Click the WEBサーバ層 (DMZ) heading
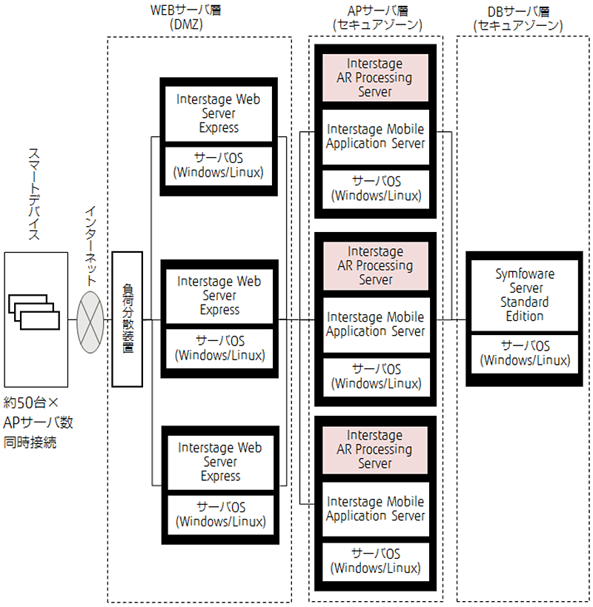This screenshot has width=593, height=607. (186, 17)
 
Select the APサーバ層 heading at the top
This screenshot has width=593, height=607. (377, 18)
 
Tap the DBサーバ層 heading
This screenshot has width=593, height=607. (518, 19)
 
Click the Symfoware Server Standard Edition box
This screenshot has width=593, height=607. (525, 295)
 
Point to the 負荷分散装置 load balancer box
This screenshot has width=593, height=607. (127, 319)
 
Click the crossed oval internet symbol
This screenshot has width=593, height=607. (90, 322)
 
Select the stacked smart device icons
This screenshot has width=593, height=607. (34, 312)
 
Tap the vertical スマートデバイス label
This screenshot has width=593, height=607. (34, 193)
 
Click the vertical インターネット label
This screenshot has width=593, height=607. (90, 246)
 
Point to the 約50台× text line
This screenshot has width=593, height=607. (31, 402)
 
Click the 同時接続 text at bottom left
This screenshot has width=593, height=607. (30, 442)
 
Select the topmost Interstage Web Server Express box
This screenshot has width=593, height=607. (219, 113)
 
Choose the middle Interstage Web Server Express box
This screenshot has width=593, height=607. (219, 296)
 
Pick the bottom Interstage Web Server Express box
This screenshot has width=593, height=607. (220, 462)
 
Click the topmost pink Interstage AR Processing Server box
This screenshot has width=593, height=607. (375, 77)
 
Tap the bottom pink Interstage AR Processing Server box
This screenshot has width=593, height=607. (374, 449)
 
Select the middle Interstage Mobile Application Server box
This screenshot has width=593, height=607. (376, 325)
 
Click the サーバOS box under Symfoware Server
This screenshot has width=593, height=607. (525, 354)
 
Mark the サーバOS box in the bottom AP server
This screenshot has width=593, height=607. (376, 561)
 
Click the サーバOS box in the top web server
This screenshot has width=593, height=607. (219, 166)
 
